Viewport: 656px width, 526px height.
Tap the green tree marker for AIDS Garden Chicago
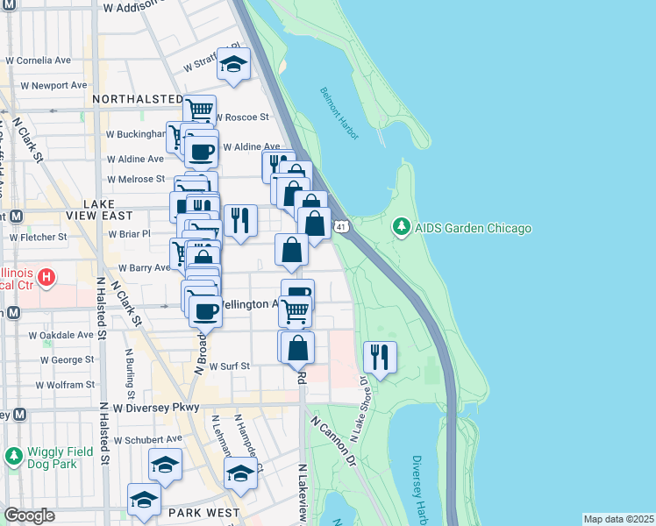tap(402, 228)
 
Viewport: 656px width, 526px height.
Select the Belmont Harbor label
tap(335, 110)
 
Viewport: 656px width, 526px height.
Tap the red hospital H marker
tap(47, 278)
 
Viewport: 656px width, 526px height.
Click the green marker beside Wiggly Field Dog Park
tap(12, 456)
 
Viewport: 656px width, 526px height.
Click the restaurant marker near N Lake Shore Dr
tap(380, 357)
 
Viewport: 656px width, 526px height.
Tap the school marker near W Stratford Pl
tap(233, 64)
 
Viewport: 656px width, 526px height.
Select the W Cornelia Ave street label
tap(39, 61)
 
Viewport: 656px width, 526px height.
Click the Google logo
tap(30, 515)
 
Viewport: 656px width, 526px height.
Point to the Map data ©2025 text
tap(618, 519)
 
